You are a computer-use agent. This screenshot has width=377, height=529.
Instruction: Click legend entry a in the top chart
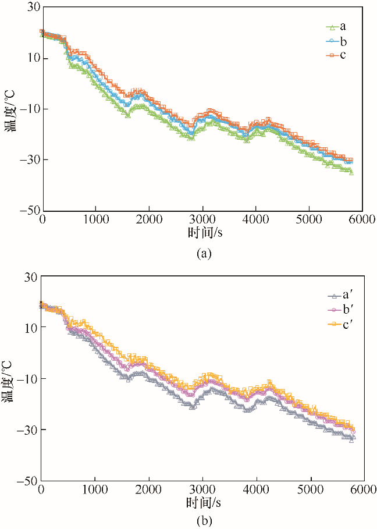(x=336, y=27)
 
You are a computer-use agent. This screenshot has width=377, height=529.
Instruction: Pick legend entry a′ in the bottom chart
(x=337, y=296)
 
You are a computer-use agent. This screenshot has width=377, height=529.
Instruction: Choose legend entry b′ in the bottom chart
(x=337, y=310)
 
